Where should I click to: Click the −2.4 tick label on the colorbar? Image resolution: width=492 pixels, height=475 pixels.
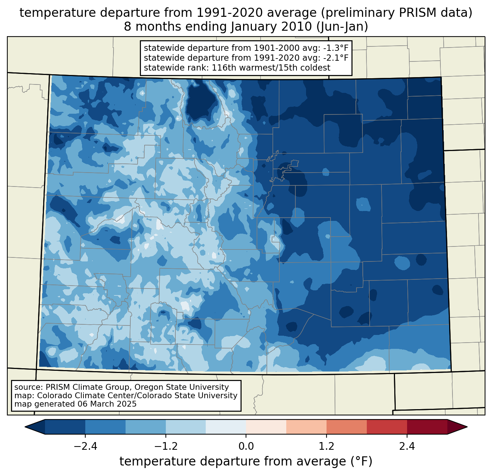click(x=85, y=446)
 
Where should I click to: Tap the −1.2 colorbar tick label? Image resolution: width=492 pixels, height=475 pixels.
click(x=165, y=446)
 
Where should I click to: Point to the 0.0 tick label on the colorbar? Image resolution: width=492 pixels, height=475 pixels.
click(x=246, y=446)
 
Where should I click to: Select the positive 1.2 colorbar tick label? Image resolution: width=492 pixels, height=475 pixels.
click(x=327, y=446)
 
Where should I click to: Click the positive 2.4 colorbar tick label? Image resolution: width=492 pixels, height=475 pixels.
click(x=407, y=446)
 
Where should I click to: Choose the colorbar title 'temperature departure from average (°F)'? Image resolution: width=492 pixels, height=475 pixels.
click(x=246, y=461)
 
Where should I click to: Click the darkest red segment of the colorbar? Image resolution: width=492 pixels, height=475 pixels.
click(x=427, y=427)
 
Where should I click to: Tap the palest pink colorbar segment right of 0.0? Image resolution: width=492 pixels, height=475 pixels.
click(x=266, y=427)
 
